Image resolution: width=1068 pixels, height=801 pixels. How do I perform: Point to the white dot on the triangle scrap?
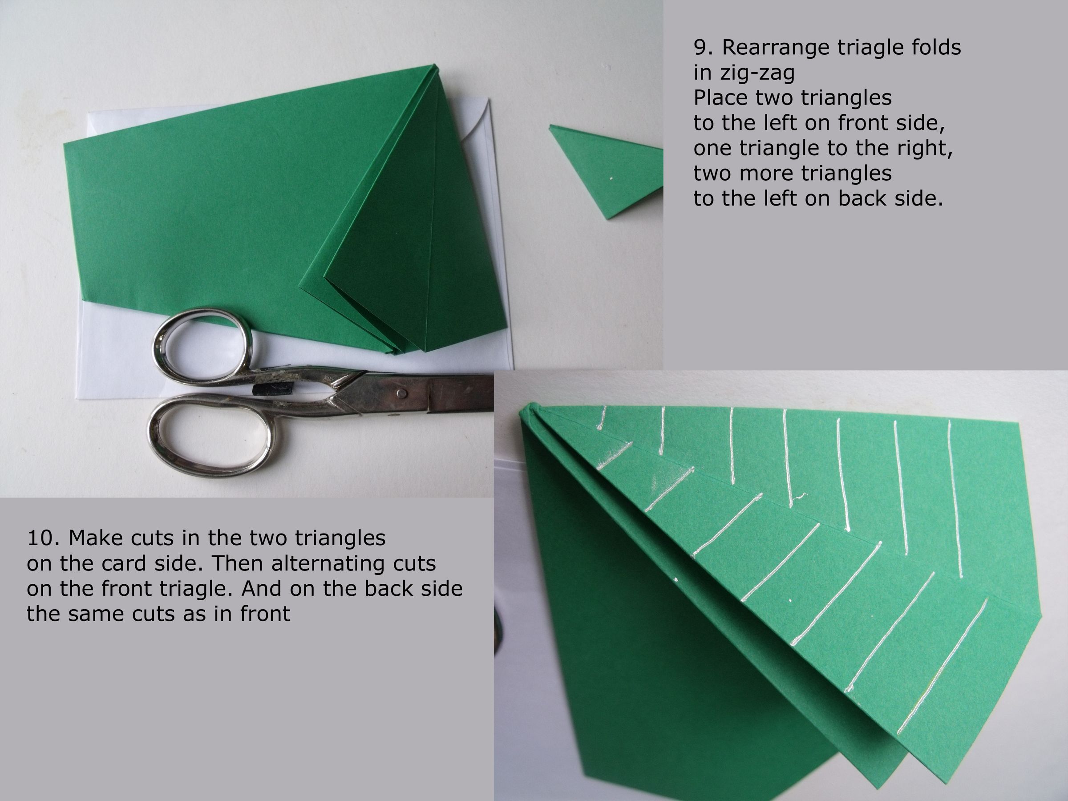[611, 178]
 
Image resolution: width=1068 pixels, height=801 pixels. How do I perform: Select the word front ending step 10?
[265, 614]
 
